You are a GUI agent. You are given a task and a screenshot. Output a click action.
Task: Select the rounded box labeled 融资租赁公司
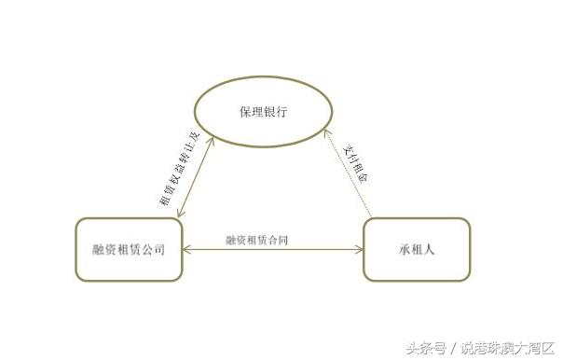(129, 249)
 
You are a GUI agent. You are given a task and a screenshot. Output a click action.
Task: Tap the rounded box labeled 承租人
(417, 249)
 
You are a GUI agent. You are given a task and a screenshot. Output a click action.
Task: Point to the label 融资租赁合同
(256, 240)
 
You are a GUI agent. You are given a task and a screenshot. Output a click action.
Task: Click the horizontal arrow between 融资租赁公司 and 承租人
(273, 250)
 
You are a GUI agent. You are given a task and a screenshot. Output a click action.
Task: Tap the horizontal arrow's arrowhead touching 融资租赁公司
(187, 250)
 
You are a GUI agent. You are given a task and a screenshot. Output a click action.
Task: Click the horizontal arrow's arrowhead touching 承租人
(359, 250)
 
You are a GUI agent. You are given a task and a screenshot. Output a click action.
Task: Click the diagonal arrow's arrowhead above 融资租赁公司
(179, 216)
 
